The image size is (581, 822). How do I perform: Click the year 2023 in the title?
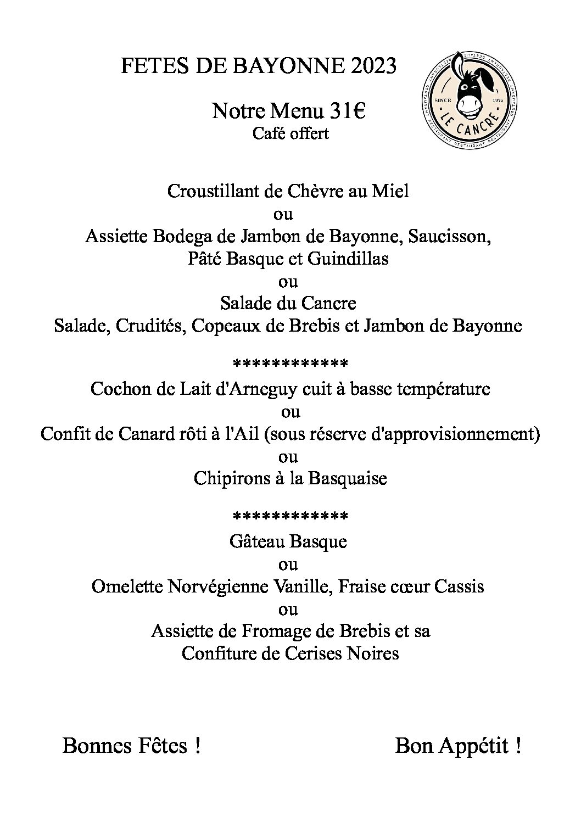pyautogui.click(x=373, y=66)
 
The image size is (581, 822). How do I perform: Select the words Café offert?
pyautogui.click(x=290, y=133)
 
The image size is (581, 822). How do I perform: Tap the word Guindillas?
pyautogui.click(x=348, y=259)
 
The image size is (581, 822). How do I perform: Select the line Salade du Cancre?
pyautogui.click(x=288, y=303)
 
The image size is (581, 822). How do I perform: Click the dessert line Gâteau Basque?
pyautogui.click(x=288, y=542)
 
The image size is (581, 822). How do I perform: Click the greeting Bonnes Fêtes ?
pyautogui.click(x=131, y=746)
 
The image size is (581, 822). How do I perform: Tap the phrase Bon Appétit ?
pyautogui.click(x=457, y=746)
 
